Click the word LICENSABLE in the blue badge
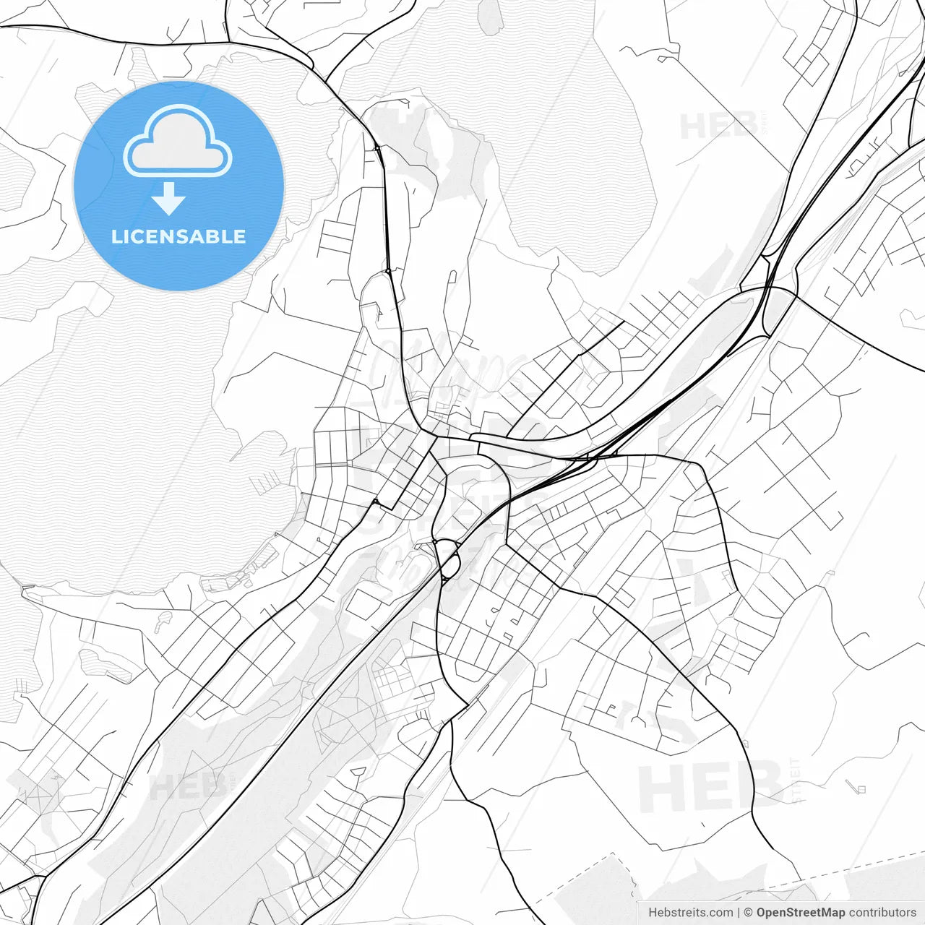point(178,236)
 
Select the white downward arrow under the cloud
point(168,199)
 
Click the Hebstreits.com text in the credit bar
point(691,913)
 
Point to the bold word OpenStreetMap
point(800,913)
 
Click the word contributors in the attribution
point(882,913)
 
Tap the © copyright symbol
point(749,913)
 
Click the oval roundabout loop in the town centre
point(447,559)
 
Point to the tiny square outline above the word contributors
point(860,788)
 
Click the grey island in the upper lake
point(491,16)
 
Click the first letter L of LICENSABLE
point(116,236)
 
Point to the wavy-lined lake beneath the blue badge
point(145,434)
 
